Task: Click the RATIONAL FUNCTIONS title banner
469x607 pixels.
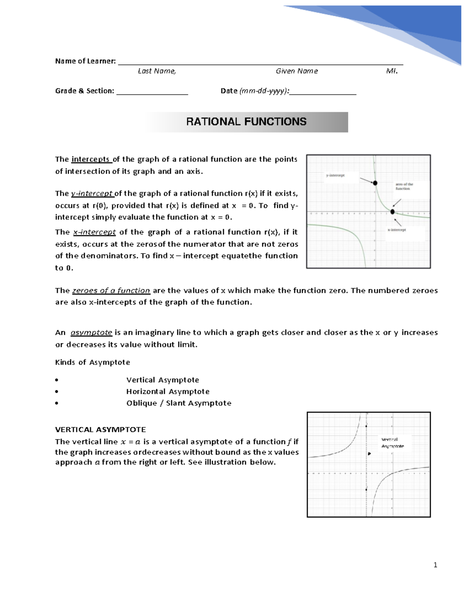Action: point(246,122)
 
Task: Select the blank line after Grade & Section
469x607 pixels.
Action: point(152,93)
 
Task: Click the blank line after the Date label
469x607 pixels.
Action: point(323,93)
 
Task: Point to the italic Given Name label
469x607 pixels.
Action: point(297,71)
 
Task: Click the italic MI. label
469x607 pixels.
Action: point(392,71)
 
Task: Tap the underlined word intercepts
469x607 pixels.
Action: point(91,159)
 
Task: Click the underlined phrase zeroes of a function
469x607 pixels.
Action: point(111,290)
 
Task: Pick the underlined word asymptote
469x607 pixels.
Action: point(91,333)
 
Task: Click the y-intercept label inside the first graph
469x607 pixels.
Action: point(335,175)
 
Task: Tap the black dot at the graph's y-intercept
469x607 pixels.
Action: point(375,183)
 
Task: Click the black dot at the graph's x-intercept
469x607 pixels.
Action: point(392,212)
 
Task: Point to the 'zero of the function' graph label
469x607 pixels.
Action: point(404,186)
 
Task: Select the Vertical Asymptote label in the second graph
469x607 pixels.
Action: point(392,443)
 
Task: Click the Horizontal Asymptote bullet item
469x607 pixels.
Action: point(168,392)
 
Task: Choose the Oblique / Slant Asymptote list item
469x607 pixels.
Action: point(179,403)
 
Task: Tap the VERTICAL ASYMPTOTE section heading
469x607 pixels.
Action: point(100,430)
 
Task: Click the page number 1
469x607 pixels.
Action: point(435,565)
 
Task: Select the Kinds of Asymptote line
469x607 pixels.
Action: point(93,362)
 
